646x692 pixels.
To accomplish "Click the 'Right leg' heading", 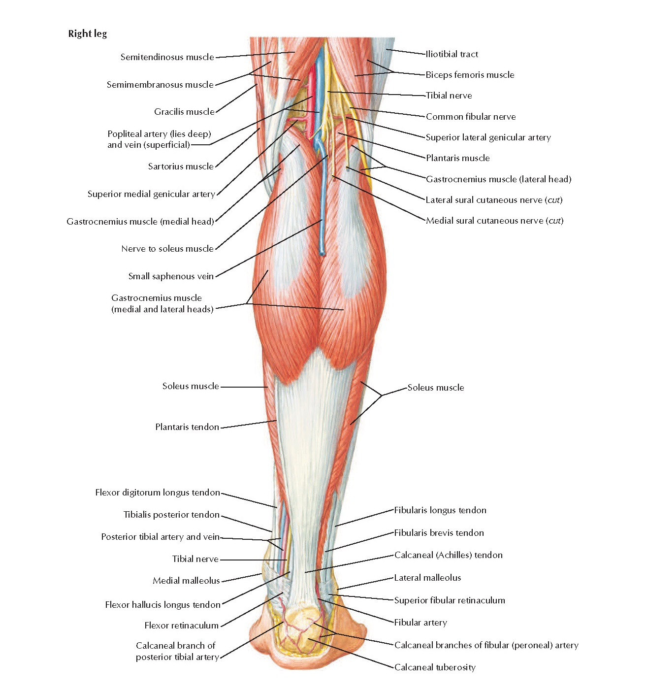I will click(x=87, y=34).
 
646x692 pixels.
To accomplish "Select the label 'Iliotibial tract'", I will click(x=452, y=54).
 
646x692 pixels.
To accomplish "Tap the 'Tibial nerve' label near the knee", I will click(x=449, y=96).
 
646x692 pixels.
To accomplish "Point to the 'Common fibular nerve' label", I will click(x=470, y=117).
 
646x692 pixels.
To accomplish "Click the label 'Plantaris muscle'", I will click(x=457, y=158).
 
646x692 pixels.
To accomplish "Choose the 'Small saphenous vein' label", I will click(x=171, y=276).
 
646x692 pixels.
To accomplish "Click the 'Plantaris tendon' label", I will click(x=187, y=427).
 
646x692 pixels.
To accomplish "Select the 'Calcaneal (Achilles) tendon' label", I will click(x=448, y=555).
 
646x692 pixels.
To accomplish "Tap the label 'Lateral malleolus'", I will click(x=427, y=578).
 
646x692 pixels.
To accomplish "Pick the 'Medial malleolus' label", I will click(x=186, y=581).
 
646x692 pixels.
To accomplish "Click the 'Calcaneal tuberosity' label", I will click(x=435, y=667).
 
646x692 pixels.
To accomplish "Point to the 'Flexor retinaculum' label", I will click(x=181, y=626).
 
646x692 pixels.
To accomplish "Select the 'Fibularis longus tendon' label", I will click(x=440, y=510).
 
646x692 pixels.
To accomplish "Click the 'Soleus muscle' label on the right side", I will click(x=435, y=388).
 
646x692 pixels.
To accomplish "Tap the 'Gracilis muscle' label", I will click(x=184, y=112).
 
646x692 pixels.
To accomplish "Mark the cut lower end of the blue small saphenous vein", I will click(x=323, y=253).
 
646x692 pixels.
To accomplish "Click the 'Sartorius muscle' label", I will click(x=181, y=166).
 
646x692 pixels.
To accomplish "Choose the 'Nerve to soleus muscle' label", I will click(x=167, y=249).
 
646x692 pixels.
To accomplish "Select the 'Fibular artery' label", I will click(x=420, y=623).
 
